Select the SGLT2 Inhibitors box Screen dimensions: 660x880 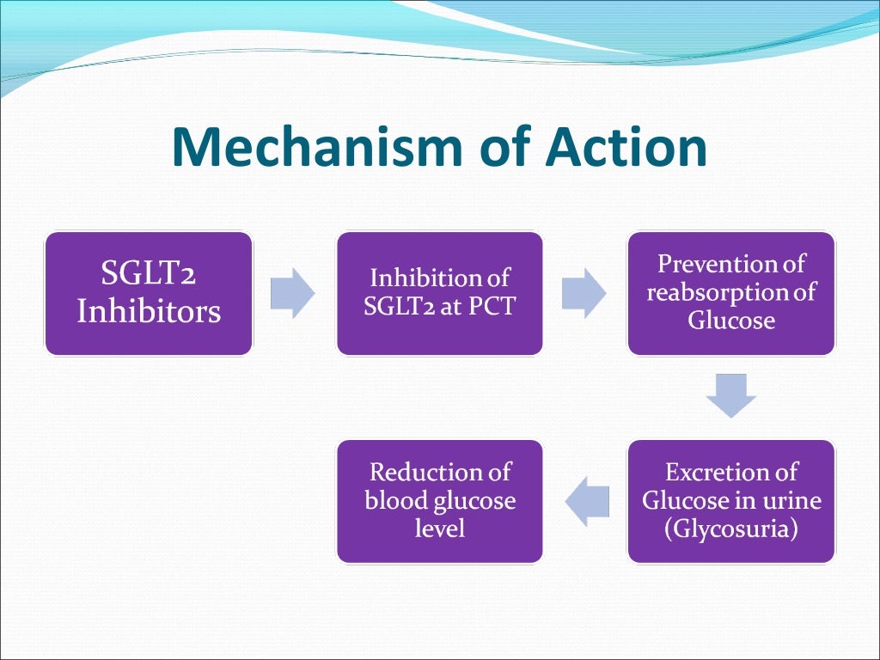(149, 294)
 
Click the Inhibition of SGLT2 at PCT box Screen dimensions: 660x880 (439, 294)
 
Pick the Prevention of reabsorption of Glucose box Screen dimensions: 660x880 (730, 294)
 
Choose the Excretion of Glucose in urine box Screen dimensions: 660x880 (730, 501)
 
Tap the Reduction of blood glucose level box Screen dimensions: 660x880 (439, 501)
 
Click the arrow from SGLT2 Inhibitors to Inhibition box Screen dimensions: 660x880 (293, 294)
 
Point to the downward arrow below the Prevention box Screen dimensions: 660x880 (730, 396)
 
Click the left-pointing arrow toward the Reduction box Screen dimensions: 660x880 (586, 502)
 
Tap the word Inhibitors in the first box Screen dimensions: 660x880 (149, 311)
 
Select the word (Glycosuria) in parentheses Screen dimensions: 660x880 (730, 529)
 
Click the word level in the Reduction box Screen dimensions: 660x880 (439, 529)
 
